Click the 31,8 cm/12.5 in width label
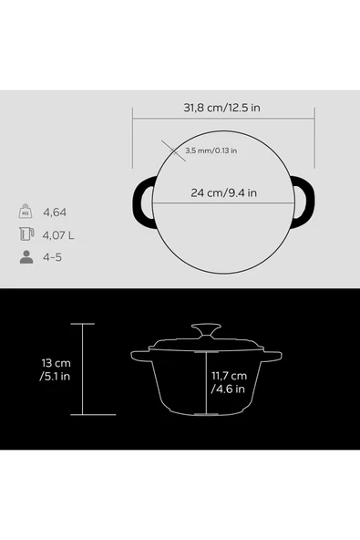tap(221, 108)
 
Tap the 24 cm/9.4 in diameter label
tap(223, 192)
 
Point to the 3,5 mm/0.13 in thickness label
tap(211, 151)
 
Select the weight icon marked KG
tap(26, 211)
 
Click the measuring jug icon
tap(26, 234)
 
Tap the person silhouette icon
tap(26, 257)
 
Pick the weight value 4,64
tap(55, 213)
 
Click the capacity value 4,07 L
tap(58, 235)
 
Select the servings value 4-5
tap(52, 257)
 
